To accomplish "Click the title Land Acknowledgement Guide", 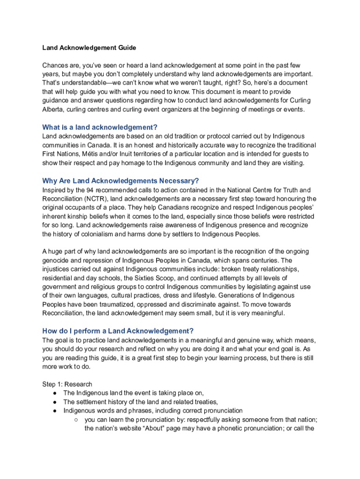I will tap(89, 48).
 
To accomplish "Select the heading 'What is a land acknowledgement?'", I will tap(100, 127).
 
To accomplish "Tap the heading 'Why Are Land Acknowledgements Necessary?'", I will tap(121, 181).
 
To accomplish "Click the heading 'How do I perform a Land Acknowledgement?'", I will tap(118, 331).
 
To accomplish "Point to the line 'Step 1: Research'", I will tap(67, 384).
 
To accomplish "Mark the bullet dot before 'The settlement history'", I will tap(55, 402).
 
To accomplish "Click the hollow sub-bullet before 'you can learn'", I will tap(76, 420).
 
